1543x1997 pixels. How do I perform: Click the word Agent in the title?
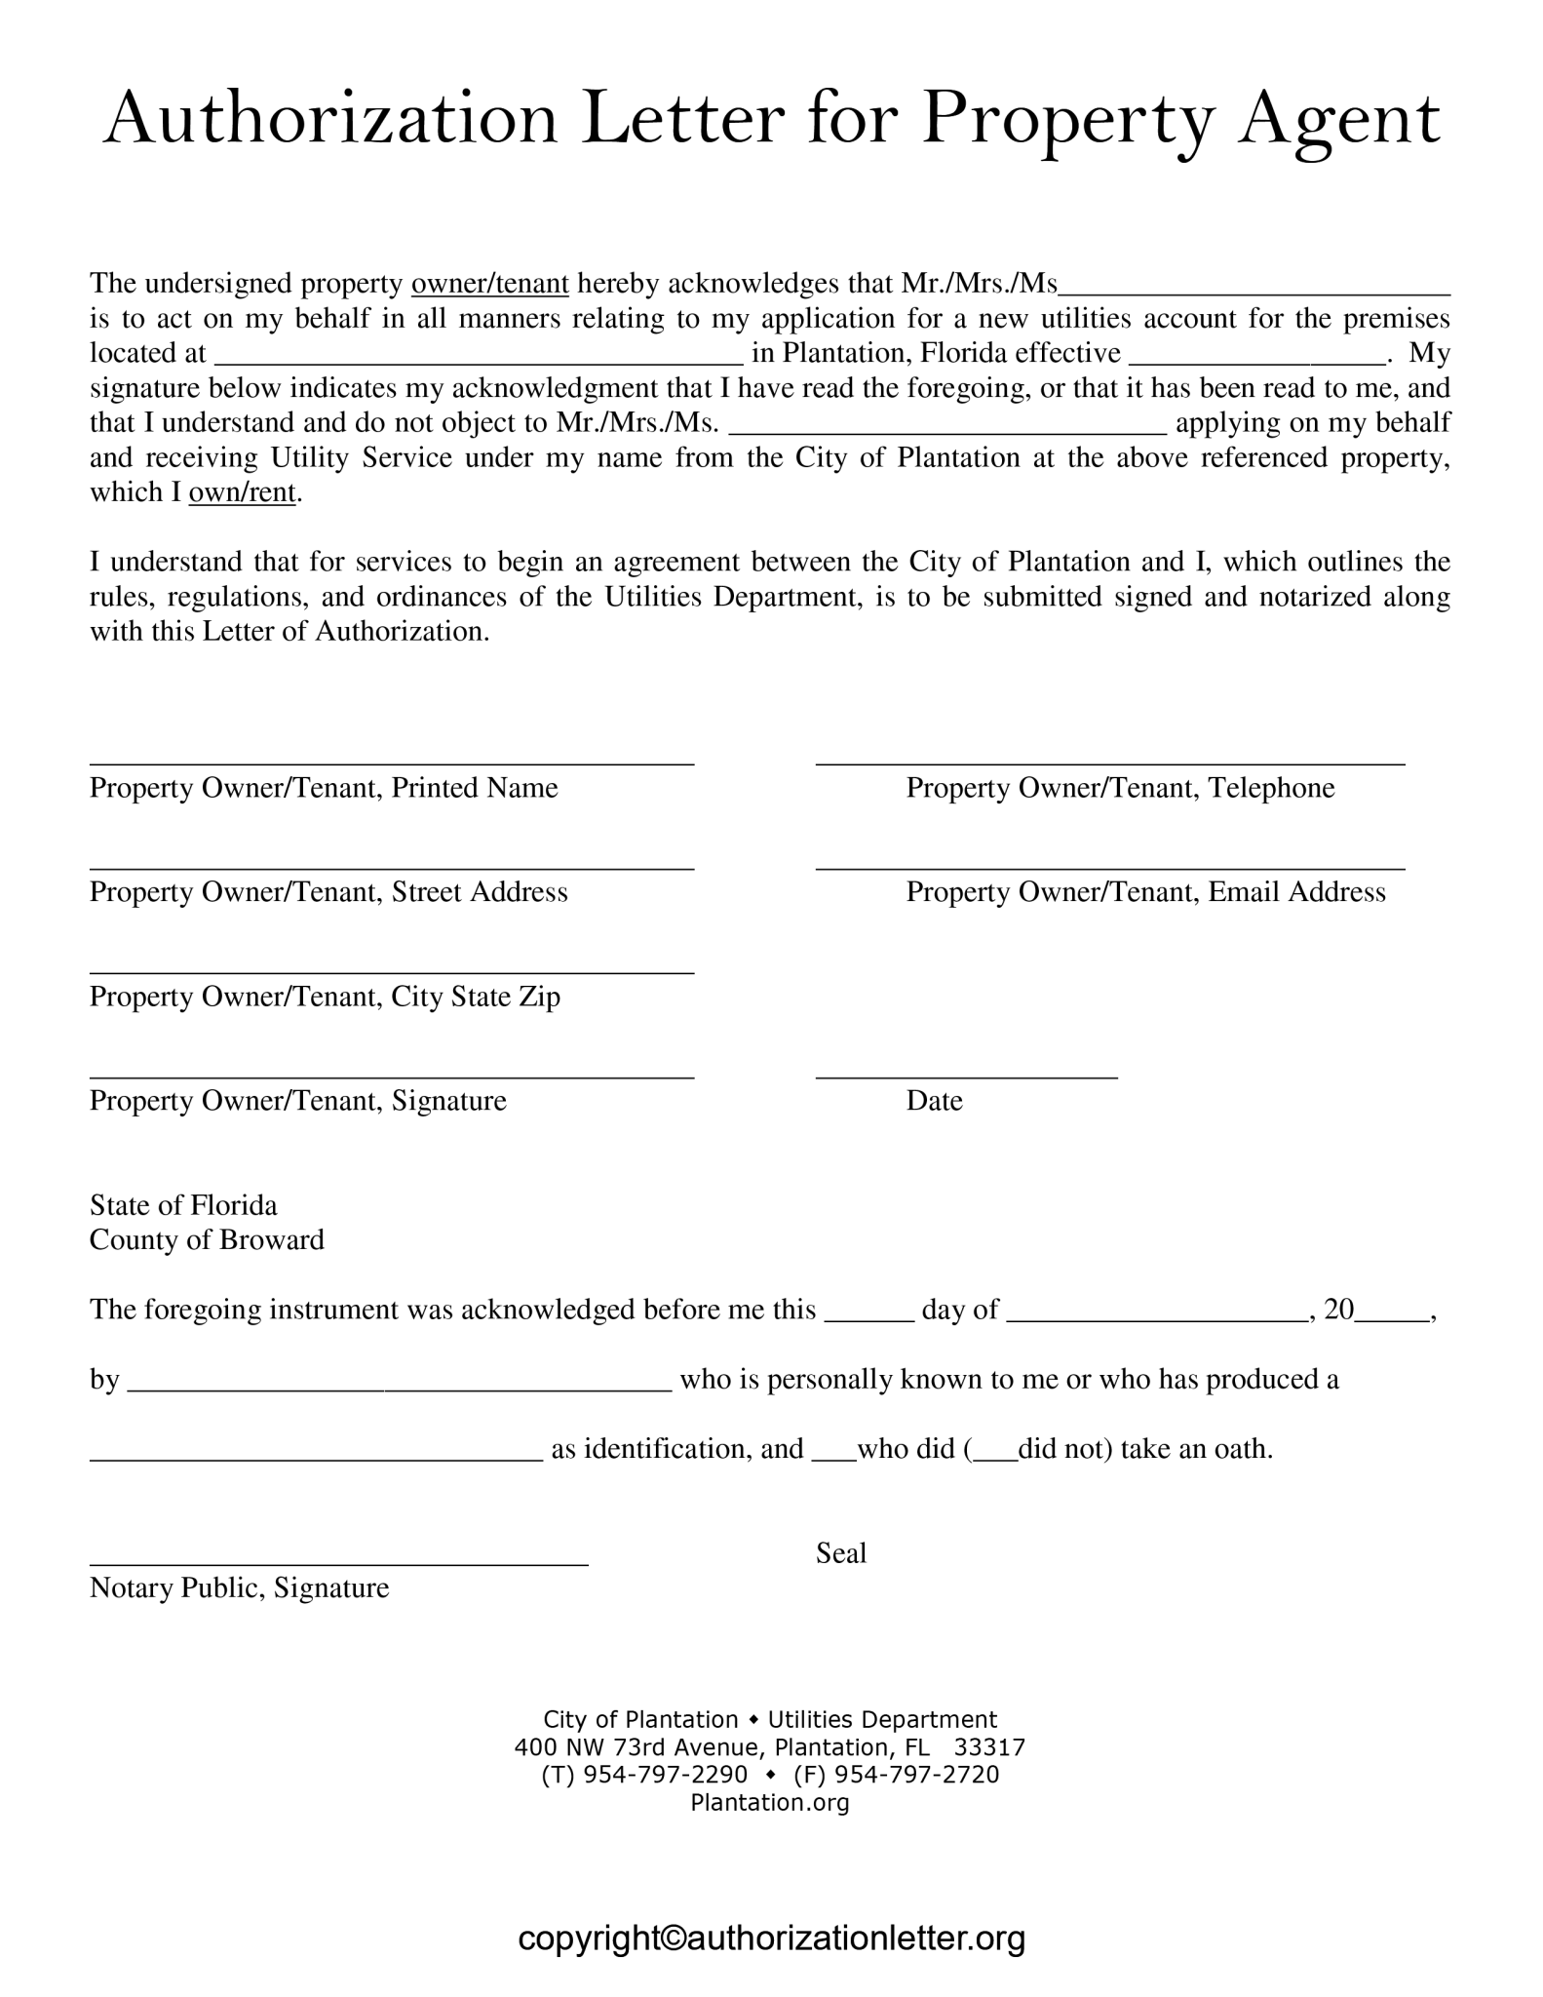[x=1338, y=121]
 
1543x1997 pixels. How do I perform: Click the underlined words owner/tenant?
[x=490, y=284]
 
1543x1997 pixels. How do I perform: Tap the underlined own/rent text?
[x=242, y=492]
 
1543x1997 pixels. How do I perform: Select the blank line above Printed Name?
[x=392, y=763]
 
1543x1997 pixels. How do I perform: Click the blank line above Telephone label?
[x=1110, y=763]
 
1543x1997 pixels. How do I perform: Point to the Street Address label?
[x=328, y=892]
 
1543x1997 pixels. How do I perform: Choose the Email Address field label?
[x=1145, y=892]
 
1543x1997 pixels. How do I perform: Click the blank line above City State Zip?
[x=392, y=971]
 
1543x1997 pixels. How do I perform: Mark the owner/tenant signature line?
[x=392, y=1076]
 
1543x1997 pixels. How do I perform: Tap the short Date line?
[x=966, y=1076]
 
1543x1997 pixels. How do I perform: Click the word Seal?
[x=841, y=1552]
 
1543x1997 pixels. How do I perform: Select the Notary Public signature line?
[x=339, y=1563]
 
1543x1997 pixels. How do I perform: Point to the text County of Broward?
[x=207, y=1240]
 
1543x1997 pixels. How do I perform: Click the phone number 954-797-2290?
[x=665, y=1774]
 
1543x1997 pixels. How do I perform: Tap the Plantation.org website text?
[x=770, y=1802]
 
